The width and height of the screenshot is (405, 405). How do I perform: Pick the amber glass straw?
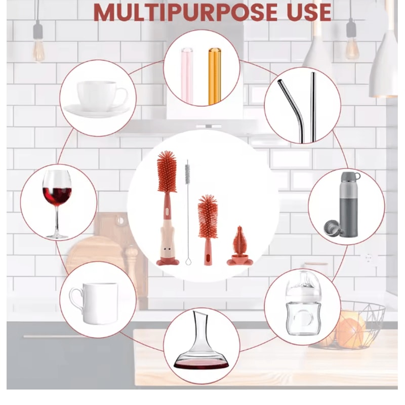214,76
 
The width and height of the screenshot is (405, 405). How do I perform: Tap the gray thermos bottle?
349,204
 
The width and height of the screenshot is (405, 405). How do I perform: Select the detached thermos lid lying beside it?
333,227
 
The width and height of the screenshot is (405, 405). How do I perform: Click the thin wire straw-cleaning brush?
187,212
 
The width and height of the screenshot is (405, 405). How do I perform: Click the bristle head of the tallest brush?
167,172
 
